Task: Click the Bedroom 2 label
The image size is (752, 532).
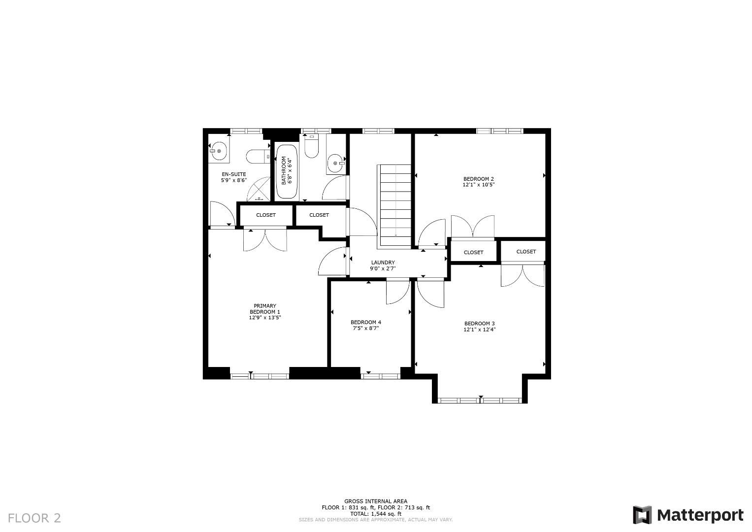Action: pos(478,179)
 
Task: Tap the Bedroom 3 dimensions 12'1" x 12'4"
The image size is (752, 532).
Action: pos(479,330)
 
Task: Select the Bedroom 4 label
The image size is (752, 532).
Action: pos(365,322)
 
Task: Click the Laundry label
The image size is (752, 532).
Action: pos(383,263)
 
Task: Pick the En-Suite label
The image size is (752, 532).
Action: pos(233,174)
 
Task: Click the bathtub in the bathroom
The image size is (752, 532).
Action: pos(286,171)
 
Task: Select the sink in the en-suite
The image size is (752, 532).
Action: pos(218,151)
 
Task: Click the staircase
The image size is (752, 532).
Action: pos(394,205)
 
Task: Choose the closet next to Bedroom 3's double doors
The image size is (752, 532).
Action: pos(526,252)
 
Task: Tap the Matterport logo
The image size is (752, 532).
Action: pos(688,515)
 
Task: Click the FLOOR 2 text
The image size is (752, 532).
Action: pos(34,518)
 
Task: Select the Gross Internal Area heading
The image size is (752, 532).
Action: pos(376,501)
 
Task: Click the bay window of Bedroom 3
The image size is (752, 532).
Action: pos(480,400)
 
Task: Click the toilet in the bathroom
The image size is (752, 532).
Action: pos(311,147)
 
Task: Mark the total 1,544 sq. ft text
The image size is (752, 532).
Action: pos(376,514)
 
